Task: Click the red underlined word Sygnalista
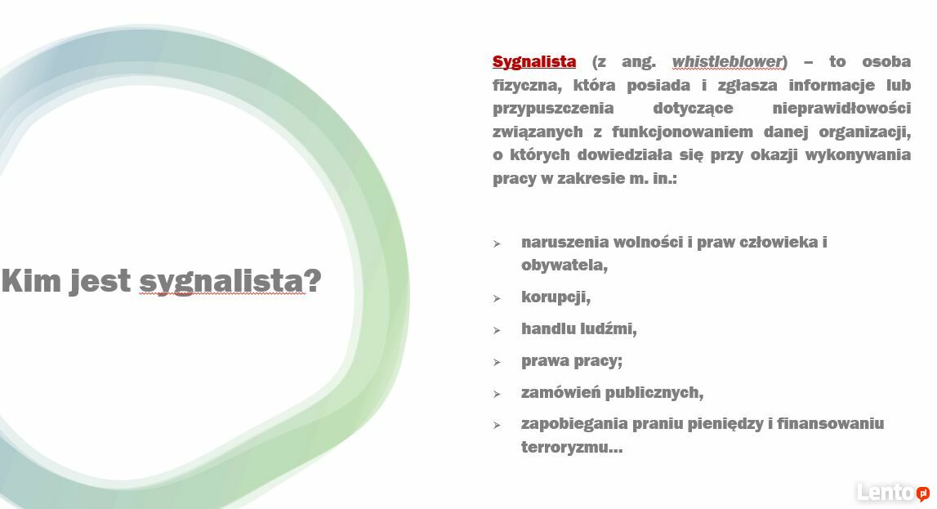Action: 534,62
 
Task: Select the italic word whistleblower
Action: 727,61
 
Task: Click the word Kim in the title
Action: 31,280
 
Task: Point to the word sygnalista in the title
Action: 221,282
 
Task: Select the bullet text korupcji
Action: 556,297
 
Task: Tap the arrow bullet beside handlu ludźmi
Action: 497,330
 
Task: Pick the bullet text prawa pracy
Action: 572,361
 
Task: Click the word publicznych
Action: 655,392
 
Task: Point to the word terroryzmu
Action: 572,448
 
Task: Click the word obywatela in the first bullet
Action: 564,265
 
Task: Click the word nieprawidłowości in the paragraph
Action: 841,109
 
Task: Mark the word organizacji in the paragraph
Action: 864,132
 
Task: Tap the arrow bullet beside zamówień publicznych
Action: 497,394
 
